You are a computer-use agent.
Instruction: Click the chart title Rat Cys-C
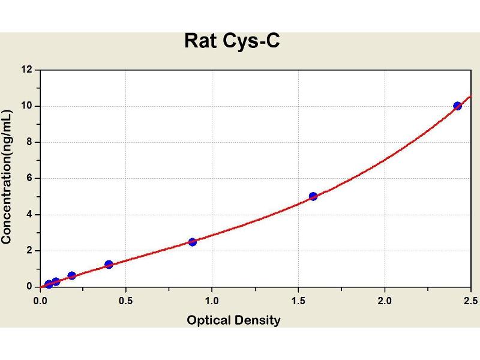(x=232, y=41)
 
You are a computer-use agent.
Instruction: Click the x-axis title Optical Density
(x=233, y=320)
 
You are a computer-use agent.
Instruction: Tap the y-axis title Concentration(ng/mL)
(x=7, y=177)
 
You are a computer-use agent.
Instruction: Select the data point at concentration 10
(x=457, y=106)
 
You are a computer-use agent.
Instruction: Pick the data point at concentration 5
(x=313, y=196)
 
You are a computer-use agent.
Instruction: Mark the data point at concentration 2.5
(x=192, y=242)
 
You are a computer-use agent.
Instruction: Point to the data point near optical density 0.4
(x=109, y=265)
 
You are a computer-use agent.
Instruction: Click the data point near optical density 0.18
(x=71, y=276)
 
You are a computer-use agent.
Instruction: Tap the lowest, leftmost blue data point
(x=49, y=284)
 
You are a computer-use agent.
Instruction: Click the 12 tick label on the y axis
(x=27, y=70)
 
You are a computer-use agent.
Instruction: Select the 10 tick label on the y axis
(x=27, y=106)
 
